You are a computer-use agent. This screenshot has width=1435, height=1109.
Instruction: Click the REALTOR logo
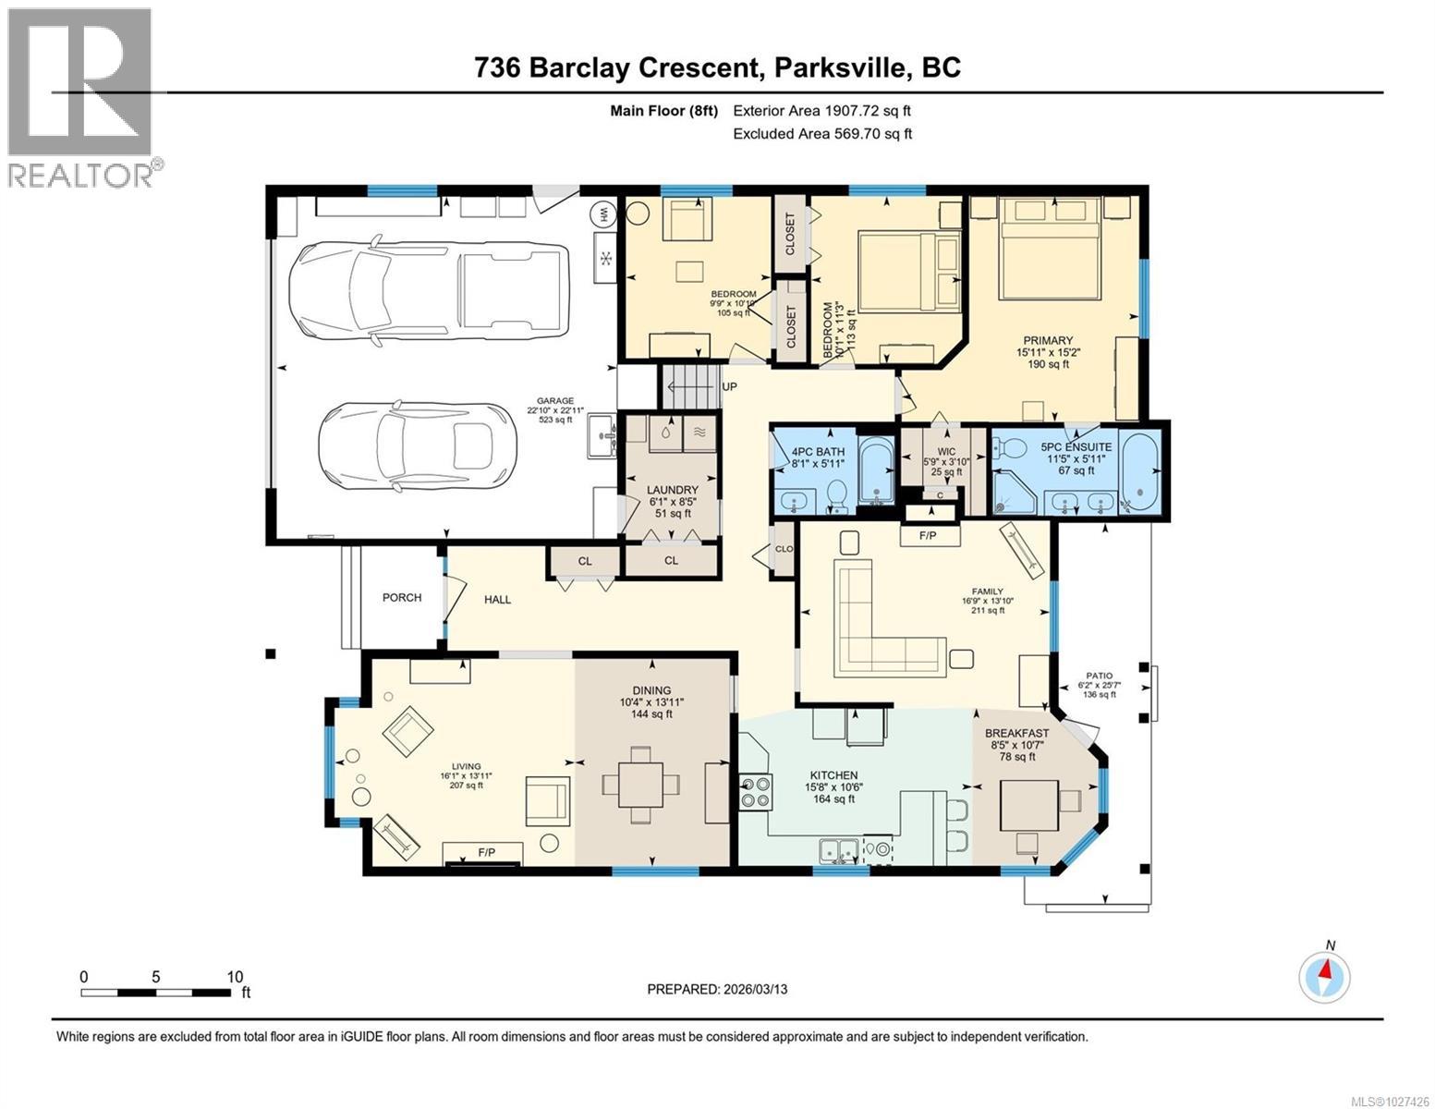click(x=81, y=97)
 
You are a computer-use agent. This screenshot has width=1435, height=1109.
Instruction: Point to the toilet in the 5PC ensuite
click(x=1010, y=449)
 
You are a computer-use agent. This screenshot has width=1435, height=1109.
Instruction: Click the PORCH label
click(x=402, y=598)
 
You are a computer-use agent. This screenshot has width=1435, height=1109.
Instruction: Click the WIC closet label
click(x=947, y=451)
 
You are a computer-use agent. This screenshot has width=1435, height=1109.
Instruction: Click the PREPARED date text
click(x=717, y=989)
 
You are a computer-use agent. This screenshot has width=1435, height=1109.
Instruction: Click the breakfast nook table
click(x=1029, y=805)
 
